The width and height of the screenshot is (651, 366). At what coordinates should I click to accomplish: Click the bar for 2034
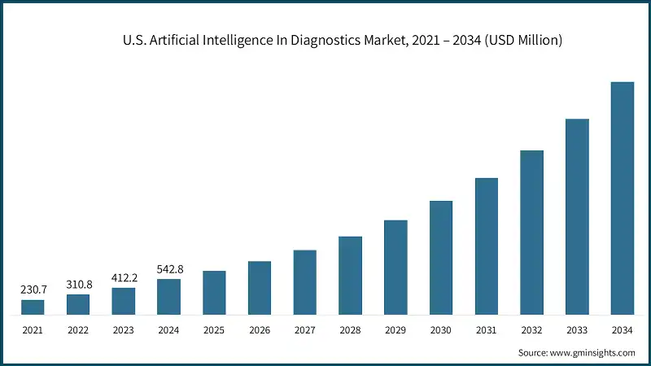coord(622,198)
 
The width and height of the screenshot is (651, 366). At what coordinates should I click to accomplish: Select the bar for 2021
coord(33,307)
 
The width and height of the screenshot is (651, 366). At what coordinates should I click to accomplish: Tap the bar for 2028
coord(350,275)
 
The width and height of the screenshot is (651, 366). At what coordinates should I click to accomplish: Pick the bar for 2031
coord(486,246)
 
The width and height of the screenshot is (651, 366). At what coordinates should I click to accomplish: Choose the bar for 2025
coord(214,292)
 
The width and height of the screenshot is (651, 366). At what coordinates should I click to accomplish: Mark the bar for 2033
coord(577,216)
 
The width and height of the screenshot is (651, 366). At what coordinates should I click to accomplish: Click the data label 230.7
coord(33,289)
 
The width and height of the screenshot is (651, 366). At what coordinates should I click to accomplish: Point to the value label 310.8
coord(78,284)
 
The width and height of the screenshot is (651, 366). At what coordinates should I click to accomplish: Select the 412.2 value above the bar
coord(124,277)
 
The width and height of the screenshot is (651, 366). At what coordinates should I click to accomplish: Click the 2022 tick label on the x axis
coord(78,329)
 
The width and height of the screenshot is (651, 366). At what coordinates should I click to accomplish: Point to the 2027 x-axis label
coord(304,329)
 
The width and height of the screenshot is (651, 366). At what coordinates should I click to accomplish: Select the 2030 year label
coord(441,329)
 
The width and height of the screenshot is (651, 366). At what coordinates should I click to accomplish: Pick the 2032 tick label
coord(531,329)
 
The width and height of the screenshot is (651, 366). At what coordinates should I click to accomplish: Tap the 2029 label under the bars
coord(395,329)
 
